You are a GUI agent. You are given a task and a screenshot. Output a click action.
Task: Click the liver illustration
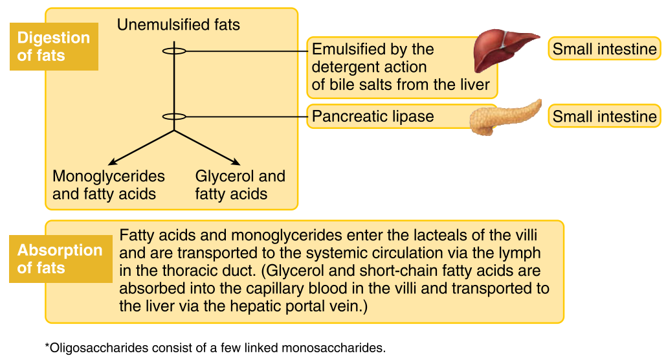tap(504, 51)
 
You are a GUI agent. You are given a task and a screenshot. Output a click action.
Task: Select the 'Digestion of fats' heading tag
tap(53, 47)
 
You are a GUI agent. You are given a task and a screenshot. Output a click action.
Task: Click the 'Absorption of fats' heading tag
tap(60, 259)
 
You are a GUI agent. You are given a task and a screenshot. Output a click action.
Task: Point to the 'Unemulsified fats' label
tap(178, 25)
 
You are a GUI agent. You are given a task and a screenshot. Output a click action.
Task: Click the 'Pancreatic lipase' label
tap(373, 117)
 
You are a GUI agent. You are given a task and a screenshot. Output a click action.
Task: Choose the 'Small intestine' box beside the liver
tap(604, 49)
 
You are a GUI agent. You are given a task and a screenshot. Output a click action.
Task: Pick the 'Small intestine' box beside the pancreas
tap(604, 117)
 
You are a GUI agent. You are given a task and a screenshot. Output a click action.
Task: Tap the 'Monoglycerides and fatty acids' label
tap(108, 185)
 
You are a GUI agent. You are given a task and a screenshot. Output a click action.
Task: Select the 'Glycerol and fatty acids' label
tap(239, 185)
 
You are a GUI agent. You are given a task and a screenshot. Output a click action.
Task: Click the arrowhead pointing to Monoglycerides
tap(111, 163)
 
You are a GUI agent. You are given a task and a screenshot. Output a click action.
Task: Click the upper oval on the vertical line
tap(173, 51)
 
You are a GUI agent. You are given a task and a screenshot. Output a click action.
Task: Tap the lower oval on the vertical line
tap(173, 117)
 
